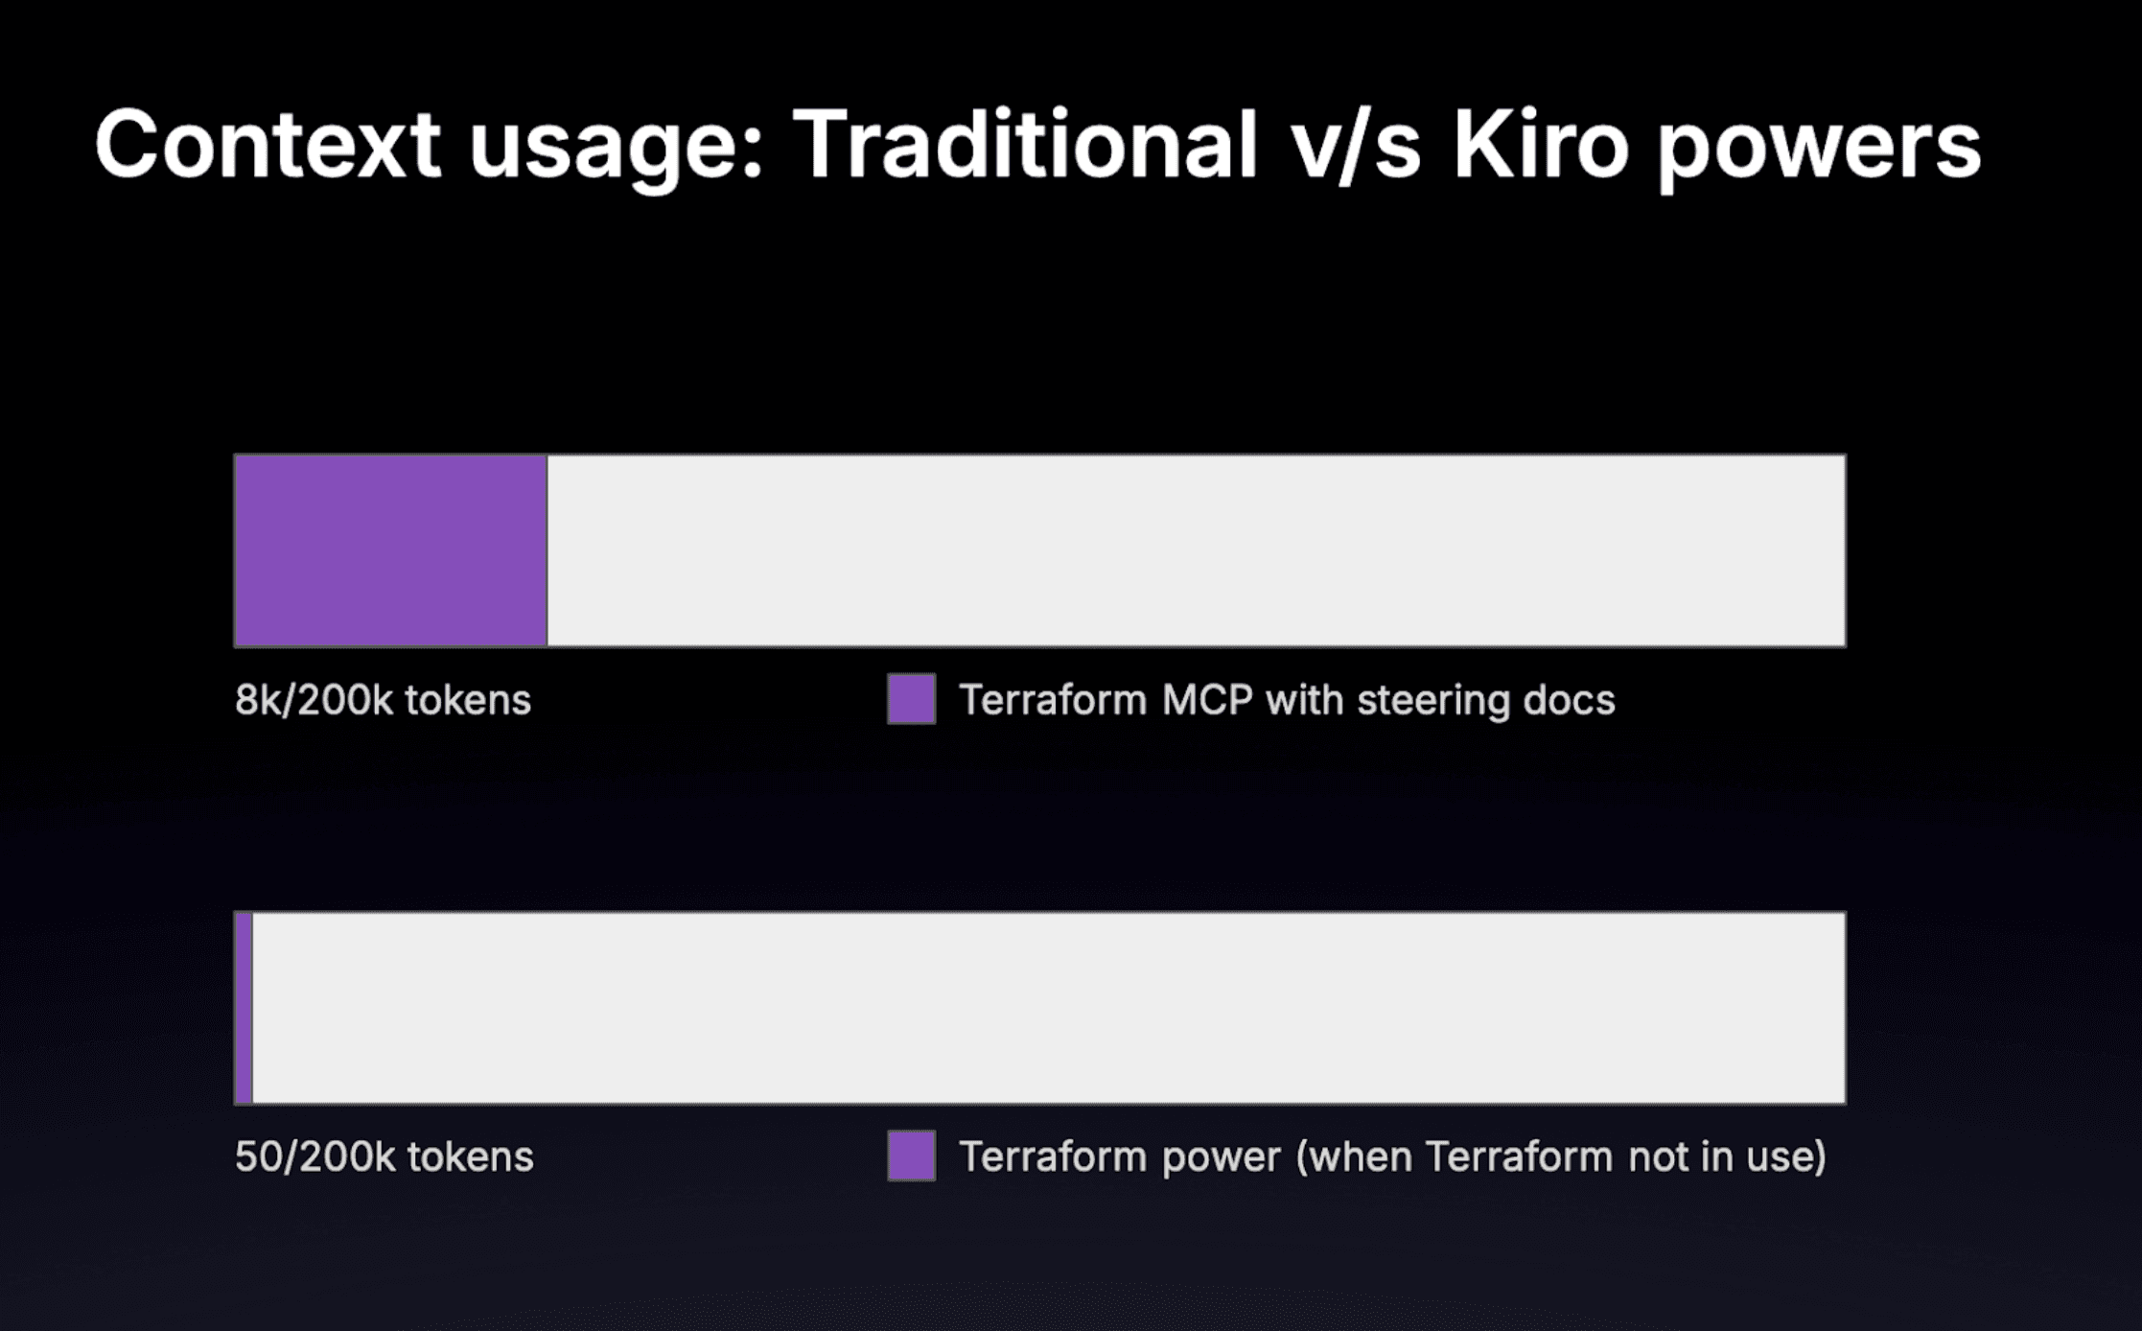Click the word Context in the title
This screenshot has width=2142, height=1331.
click(x=268, y=145)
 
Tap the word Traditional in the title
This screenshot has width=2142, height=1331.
click(x=1024, y=145)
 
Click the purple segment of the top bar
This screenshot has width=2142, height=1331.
click(x=391, y=550)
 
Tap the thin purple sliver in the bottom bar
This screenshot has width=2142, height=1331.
click(x=244, y=1008)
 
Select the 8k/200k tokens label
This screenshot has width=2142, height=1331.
click(x=383, y=700)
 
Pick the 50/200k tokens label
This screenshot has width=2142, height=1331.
click(x=384, y=1156)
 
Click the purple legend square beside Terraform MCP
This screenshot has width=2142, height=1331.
click(x=911, y=699)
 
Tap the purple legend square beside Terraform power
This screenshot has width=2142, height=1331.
click(x=911, y=1156)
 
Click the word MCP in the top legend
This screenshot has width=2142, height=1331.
click(x=1207, y=700)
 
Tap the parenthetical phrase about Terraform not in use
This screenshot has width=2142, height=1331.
click(x=1561, y=1156)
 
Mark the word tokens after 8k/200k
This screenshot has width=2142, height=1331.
click(x=468, y=700)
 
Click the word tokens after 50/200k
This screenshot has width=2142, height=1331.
click(x=470, y=1156)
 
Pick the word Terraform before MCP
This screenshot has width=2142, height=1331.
click(x=1053, y=700)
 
